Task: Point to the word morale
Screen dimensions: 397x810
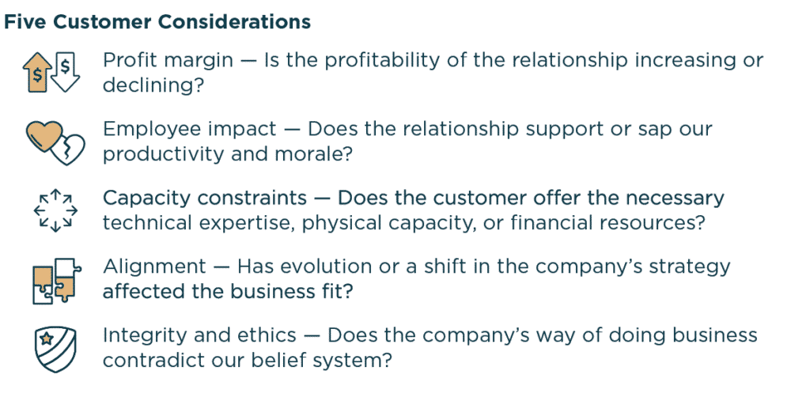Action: [x=308, y=153]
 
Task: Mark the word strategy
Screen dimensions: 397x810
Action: [x=685, y=267]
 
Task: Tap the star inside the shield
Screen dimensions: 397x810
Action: [x=47, y=341]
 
